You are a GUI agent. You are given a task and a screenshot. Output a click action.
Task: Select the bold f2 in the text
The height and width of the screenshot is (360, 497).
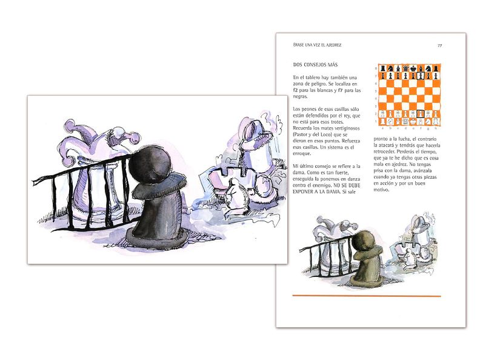click(x=295, y=90)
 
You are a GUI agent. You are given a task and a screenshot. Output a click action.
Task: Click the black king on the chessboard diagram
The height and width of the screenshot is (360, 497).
click(x=412, y=68)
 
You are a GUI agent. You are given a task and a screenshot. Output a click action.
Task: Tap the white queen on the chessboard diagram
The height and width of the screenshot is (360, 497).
click(x=404, y=121)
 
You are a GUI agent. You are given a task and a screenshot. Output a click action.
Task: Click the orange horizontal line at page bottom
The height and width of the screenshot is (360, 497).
click(x=366, y=296)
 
